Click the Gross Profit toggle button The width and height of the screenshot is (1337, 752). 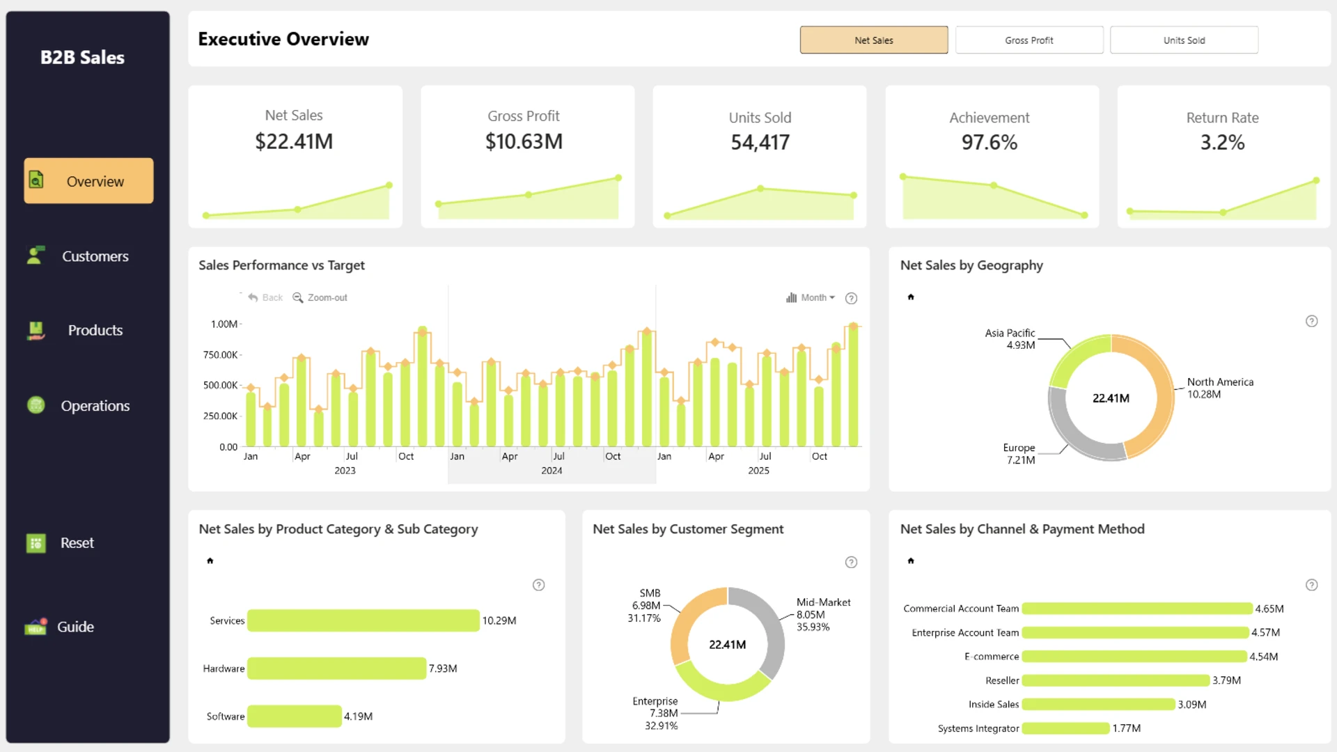pos(1029,40)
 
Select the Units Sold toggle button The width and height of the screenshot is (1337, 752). pos(1184,40)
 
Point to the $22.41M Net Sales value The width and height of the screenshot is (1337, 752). pos(294,141)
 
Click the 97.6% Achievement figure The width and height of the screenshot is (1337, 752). pos(990,142)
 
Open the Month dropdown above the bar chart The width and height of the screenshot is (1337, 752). pos(811,297)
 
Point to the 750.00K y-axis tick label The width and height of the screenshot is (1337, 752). pos(221,354)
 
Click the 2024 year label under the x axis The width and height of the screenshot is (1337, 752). pos(552,471)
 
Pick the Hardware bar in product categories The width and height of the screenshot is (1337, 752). pos(337,668)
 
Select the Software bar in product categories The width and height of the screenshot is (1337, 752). pos(295,716)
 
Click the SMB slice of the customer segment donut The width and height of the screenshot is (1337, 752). pos(684,620)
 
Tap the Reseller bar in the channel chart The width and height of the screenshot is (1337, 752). pos(1116,680)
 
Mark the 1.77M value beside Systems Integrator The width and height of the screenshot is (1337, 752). pos(1126,728)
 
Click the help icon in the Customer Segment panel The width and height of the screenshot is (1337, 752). pos(851,562)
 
